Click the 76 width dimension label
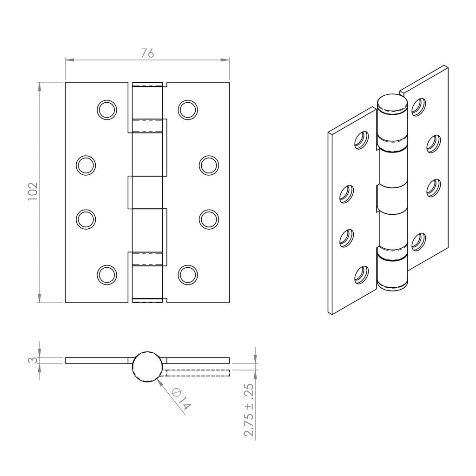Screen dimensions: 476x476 click(x=147, y=53)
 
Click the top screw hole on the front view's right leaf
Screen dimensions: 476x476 click(x=187, y=109)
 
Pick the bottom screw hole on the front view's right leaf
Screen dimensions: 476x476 click(x=187, y=274)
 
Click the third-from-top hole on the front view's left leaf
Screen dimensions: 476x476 click(x=86, y=219)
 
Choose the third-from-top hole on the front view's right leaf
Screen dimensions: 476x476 click(x=208, y=219)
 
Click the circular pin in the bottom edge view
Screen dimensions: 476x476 click(x=148, y=365)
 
